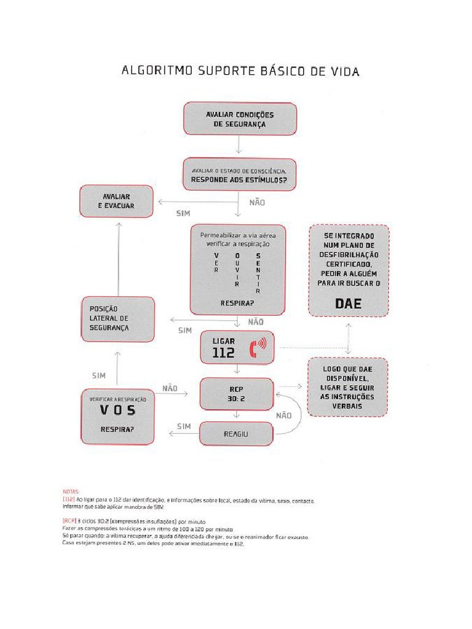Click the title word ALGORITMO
pos(156,71)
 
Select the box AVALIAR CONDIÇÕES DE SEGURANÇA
pos(240,119)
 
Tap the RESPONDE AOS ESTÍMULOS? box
pos(239,174)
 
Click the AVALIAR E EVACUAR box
pos(116,201)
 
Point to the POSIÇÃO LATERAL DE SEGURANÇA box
pos(117,318)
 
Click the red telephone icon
pos(256,348)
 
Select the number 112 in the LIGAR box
pos(224,353)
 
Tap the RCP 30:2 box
pos(237,394)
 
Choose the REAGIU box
pos(236,434)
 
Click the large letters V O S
pos(117,410)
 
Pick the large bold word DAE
pos(348,303)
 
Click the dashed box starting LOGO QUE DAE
pos(348,387)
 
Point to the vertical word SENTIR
pos(258,273)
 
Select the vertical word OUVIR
pos(237,270)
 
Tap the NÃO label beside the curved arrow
pos(283,416)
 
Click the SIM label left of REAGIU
pos(184,426)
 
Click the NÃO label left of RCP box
pos(170,388)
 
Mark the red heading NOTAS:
pos(71,492)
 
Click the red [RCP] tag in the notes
pos(69,521)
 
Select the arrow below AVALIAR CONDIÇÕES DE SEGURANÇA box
pos(238,145)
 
